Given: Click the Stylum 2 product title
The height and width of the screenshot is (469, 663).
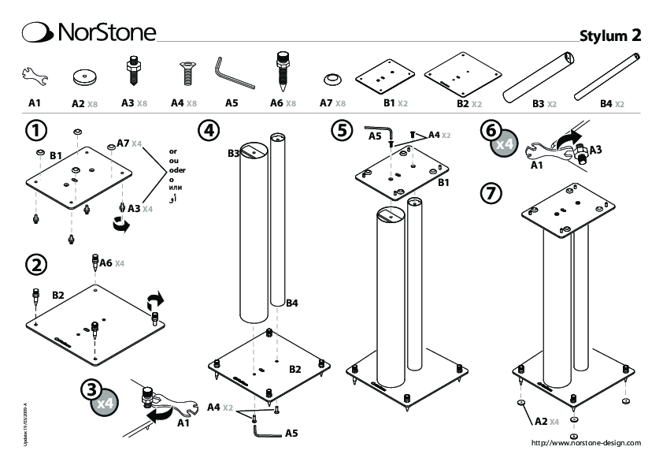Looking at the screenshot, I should click(x=610, y=35).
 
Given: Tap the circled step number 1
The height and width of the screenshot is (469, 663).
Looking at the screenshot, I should click(x=35, y=128).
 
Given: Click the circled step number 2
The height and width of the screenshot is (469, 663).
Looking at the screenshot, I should click(x=35, y=264).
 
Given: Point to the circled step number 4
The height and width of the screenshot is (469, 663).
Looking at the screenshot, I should click(x=208, y=129).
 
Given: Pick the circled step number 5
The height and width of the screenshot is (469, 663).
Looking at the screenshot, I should click(x=340, y=129).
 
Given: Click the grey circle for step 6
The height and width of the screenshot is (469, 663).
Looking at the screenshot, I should click(x=501, y=139).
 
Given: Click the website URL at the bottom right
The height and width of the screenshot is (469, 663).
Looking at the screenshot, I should click(x=586, y=443).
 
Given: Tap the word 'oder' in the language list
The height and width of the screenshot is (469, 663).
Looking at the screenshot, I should click(x=179, y=169).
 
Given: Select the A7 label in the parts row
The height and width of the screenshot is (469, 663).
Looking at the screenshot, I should click(x=326, y=103).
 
